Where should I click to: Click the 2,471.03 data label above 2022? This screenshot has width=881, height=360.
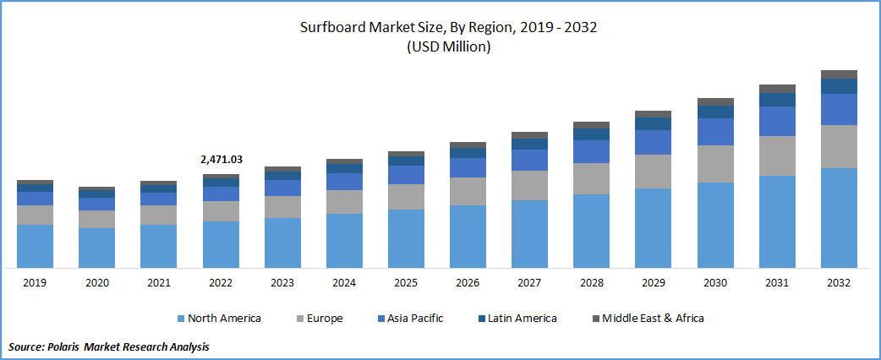(221, 159)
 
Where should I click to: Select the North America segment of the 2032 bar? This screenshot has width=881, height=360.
(839, 217)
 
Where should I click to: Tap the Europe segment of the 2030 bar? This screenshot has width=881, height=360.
(715, 163)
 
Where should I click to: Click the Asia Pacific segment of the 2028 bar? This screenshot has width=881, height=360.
(591, 151)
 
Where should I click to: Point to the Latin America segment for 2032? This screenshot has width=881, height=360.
(839, 85)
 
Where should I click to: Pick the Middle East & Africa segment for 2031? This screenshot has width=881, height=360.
(777, 88)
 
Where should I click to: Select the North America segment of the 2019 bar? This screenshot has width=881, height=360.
(35, 246)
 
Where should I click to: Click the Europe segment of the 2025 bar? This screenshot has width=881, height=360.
(406, 196)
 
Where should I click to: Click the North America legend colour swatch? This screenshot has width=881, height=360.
(180, 319)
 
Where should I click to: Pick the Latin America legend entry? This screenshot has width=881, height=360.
(517, 319)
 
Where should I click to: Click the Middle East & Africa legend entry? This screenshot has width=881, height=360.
(647, 319)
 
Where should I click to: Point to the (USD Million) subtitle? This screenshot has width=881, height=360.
(449, 47)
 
